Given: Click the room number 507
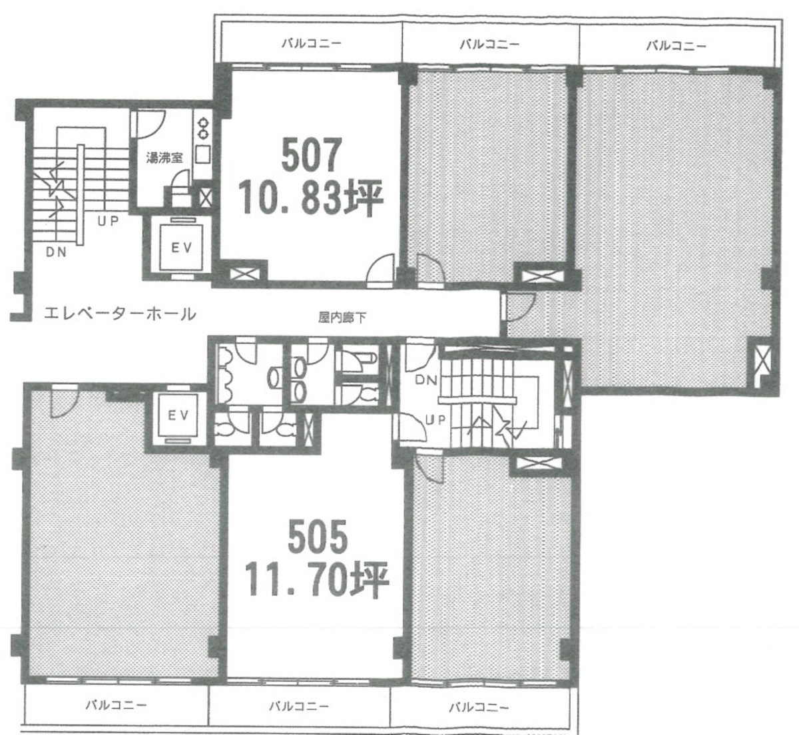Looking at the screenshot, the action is point(312,155).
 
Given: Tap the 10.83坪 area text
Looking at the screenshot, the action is point(310,198).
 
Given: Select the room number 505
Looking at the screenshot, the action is point(318,537).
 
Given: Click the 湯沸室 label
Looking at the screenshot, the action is point(164,158).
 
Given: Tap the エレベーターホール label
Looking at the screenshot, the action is point(120,314).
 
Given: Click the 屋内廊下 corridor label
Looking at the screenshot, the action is point(342,318).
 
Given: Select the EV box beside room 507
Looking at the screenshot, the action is point(181,248).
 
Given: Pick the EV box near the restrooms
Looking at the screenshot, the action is point(178,415).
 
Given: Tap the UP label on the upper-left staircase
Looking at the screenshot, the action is point(109,222).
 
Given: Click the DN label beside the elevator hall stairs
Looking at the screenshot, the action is point(56,252).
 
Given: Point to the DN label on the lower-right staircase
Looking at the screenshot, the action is point(425,380).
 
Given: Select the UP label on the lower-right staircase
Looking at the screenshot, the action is point(435,420).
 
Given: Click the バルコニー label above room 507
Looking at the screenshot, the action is point(312,43).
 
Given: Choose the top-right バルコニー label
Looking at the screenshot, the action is point(676,45).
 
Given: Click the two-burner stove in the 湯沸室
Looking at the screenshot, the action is point(204,128).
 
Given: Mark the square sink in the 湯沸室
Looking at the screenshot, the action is point(203,154).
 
